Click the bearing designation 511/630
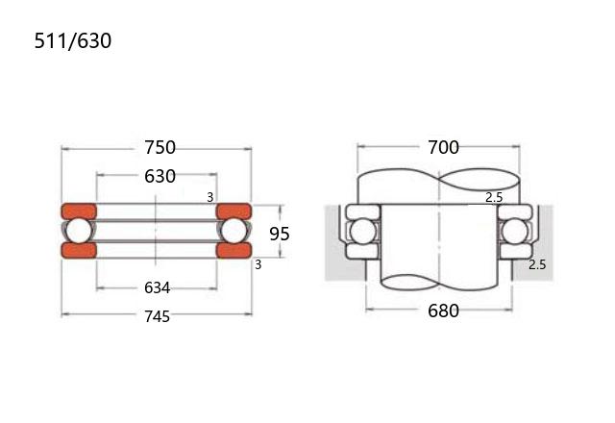pos(73,40)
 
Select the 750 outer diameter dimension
pos(160,147)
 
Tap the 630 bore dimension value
pos(160,177)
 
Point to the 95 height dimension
pos(280,234)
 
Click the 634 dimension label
pos(158,288)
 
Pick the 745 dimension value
pos(158,316)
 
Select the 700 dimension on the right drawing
pos(443,147)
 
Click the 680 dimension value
pos(443,311)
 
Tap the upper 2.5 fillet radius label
pos(494,197)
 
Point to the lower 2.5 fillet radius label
pos(537,264)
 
